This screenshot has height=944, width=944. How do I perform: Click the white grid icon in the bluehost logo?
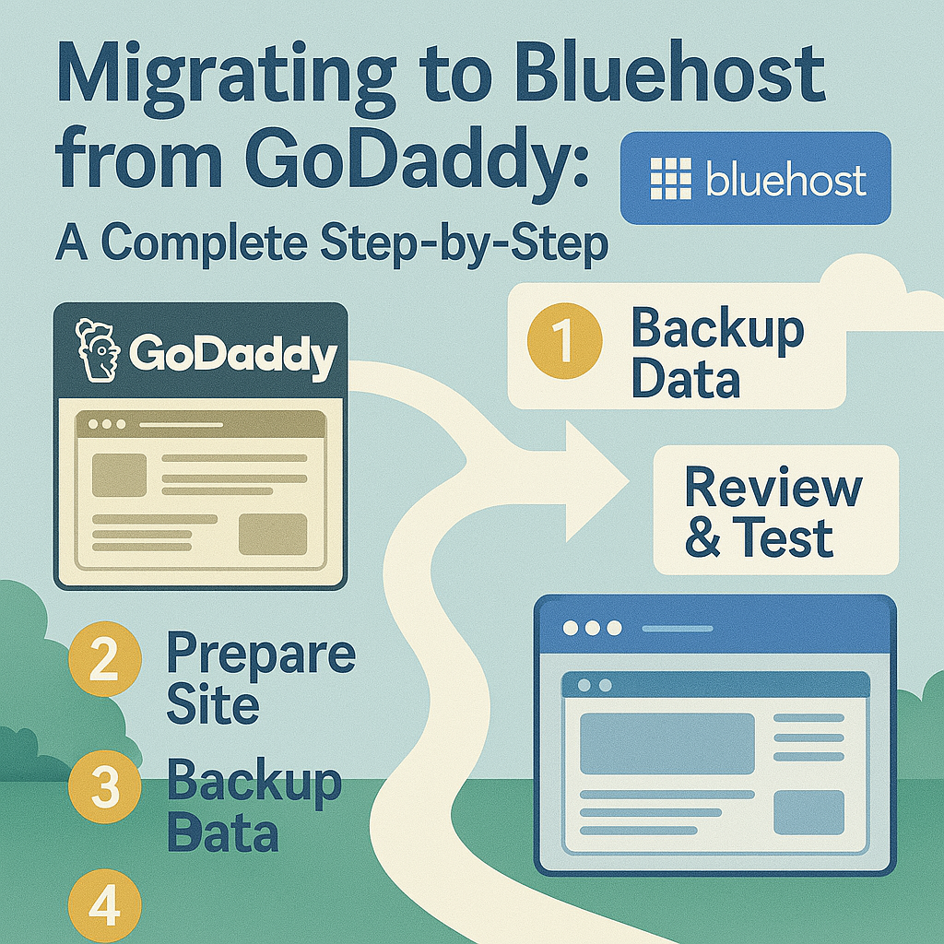click(671, 178)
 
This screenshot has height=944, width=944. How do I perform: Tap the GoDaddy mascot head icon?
click(96, 349)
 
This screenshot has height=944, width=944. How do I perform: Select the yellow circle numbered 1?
click(565, 341)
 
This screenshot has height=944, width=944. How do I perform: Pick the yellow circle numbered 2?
click(105, 658)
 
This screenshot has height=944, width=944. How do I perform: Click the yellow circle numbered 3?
click(105, 787)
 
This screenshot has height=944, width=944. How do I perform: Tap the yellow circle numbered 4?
click(105, 907)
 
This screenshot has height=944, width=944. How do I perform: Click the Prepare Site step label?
click(261, 678)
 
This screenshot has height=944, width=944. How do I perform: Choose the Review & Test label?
click(774, 512)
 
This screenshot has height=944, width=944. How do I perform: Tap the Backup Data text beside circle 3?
click(254, 805)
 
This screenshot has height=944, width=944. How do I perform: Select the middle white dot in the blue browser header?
click(593, 628)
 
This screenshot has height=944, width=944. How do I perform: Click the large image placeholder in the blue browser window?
click(667, 744)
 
